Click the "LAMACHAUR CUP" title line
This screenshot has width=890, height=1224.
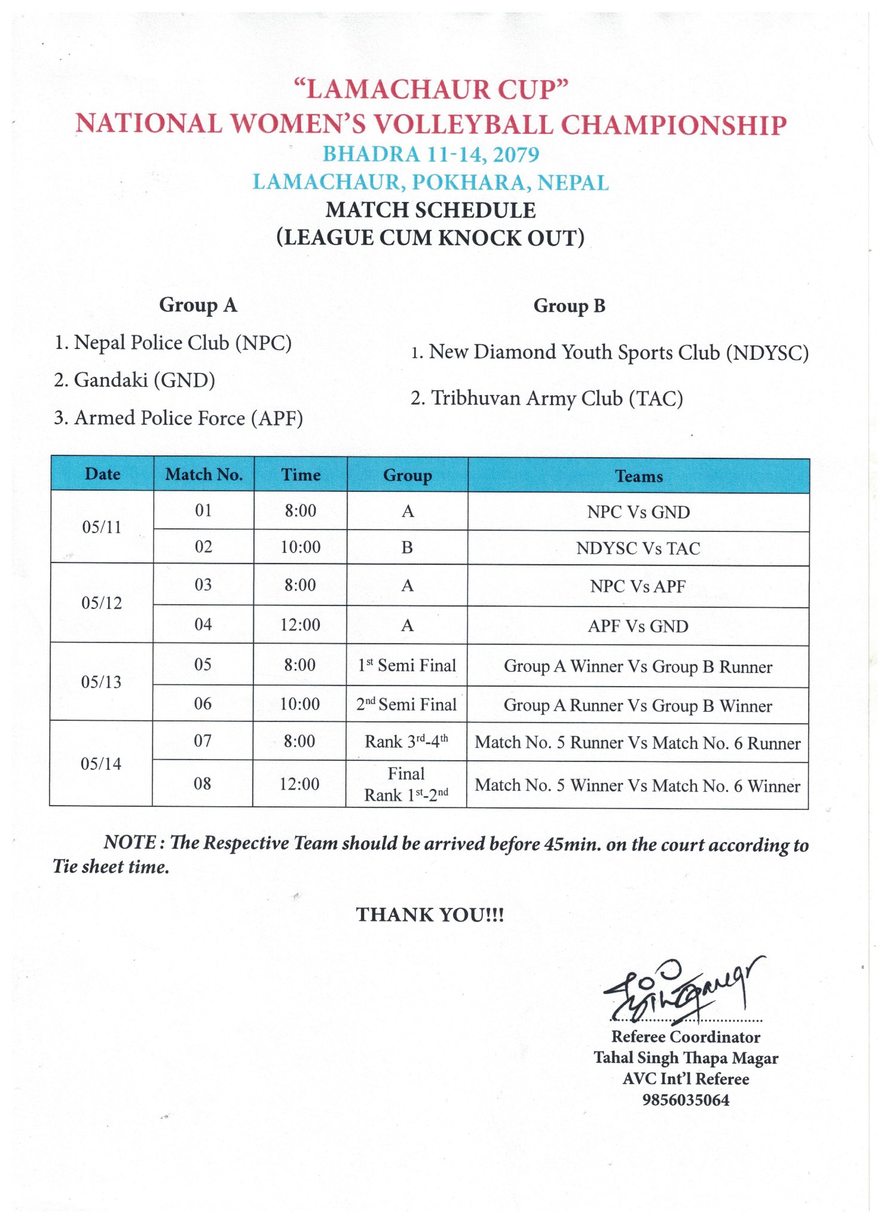coord(430,90)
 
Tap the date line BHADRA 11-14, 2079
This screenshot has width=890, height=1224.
coord(430,154)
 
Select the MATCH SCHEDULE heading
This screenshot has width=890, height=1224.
coord(430,210)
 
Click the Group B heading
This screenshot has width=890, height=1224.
coord(569,306)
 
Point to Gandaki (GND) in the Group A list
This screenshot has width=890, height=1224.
coord(134,380)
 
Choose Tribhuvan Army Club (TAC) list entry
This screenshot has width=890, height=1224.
coord(546,399)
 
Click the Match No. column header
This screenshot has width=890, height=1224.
coord(204,475)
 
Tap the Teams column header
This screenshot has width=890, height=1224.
coord(638,476)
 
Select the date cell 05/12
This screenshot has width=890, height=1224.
coord(102,603)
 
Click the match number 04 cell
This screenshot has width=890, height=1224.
coord(203,625)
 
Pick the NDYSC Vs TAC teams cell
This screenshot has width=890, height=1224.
coord(638,549)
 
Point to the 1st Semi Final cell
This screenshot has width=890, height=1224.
coord(406,666)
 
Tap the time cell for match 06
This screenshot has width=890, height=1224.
coord(299,704)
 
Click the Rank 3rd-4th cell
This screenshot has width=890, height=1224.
coord(406,742)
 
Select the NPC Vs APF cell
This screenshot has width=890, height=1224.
coord(638,587)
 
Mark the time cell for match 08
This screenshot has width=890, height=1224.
coord(299,784)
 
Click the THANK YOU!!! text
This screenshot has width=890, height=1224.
coord(430,915)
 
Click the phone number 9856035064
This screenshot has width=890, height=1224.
coord(686,1100)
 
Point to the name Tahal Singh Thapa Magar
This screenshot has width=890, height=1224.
coord(686,1058)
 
